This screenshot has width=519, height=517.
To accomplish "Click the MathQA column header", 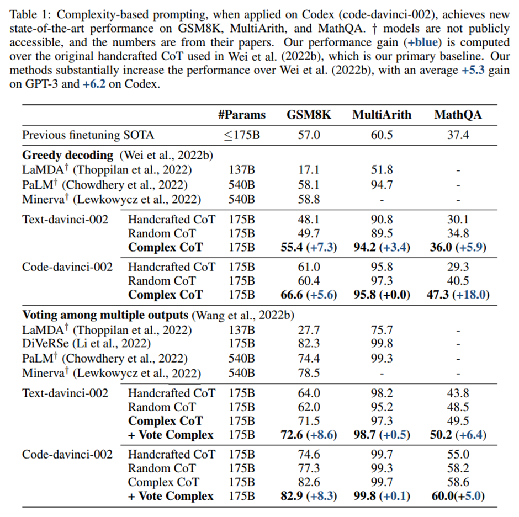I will [x=458, y=115].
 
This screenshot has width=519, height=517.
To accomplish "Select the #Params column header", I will [x=242, y=115].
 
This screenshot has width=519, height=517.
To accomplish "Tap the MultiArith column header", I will [x=382, y=115].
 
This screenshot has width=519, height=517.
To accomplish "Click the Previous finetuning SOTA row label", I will [x=88, y=135].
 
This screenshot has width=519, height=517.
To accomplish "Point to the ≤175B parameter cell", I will [x=242, y=135].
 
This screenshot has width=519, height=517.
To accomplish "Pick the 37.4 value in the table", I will [x=458, y=135].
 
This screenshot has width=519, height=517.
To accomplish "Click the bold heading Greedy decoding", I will [x=67, y=155].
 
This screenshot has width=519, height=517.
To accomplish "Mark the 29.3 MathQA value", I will [x=458, y=267].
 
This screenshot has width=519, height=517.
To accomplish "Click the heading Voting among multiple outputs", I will [x=105, y=315].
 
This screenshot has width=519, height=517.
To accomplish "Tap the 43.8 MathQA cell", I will [x=458, y=393].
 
